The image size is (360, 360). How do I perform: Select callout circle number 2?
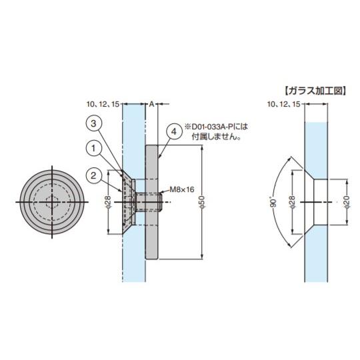(95, 175)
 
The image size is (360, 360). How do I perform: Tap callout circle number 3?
(95, 123)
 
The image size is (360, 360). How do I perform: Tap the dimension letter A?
(151, 104)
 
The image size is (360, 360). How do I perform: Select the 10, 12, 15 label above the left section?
(103, 105)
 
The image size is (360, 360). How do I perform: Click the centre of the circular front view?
(51, 201)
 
